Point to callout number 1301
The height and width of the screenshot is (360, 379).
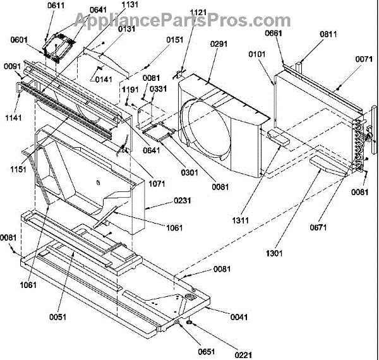[x=274, y=254]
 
